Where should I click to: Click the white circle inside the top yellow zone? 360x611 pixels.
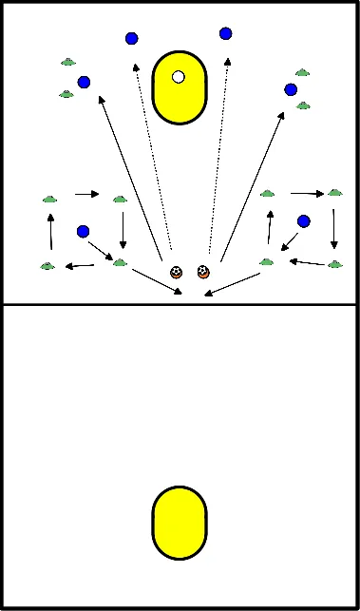coord(178,77)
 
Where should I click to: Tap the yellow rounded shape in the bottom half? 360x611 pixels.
coord(180,522)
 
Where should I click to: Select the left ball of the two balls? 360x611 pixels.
coord(176,272)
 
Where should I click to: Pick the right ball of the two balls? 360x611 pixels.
coord(203,272)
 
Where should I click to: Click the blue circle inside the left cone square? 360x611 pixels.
coord(84,230)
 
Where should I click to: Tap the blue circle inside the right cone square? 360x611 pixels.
coord(304,221)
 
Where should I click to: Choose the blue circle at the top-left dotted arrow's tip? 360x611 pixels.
coord(131,39)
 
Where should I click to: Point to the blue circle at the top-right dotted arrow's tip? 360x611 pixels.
coord(226,33)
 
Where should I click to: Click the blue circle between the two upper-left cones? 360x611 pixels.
coord(85,83)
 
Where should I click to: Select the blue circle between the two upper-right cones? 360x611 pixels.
coord(292,89)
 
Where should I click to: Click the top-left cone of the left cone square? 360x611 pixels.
coord(50,199)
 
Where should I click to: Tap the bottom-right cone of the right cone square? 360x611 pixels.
coord(333,264)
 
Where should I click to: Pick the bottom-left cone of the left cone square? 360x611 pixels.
coord(47,266)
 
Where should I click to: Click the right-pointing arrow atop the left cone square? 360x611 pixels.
coord(87,195)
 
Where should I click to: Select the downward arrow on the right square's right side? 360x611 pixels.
coord(334,228)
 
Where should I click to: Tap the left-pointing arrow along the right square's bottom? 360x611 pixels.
coord(305,261)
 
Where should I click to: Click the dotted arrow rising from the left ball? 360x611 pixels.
coord(150,152)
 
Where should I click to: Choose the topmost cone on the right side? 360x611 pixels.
coord(302,71)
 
